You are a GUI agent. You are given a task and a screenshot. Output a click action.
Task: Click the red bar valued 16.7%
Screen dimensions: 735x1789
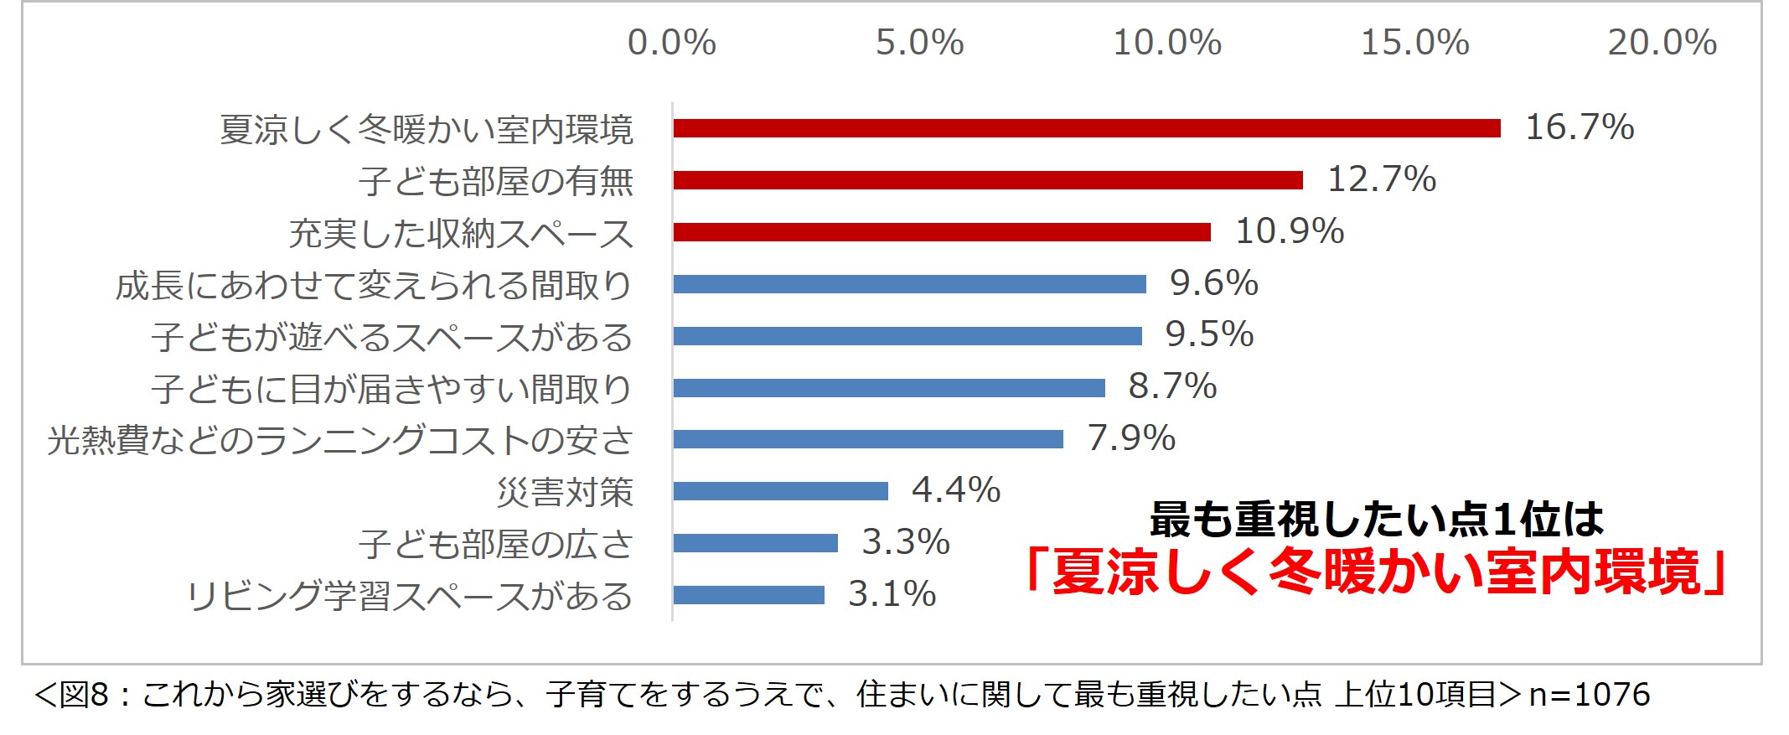pos(1086,128)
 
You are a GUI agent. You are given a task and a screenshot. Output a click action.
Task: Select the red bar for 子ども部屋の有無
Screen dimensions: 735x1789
pos(988,180)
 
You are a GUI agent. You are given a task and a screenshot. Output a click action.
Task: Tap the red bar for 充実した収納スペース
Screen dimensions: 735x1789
pos(942,232)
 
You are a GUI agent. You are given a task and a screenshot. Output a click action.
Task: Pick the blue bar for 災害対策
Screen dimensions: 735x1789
pos(780,491)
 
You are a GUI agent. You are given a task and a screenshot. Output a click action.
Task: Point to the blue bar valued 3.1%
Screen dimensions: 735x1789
pos(748,595)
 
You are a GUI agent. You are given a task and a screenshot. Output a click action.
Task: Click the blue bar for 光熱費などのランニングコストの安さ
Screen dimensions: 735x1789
pos(868,439)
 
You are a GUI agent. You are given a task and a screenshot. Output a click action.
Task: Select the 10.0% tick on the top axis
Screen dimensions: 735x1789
pos(1166,43)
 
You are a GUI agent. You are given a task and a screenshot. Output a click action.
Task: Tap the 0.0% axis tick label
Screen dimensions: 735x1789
pos(672,43)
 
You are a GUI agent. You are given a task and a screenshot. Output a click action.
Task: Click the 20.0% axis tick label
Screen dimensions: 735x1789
pos(1662,43)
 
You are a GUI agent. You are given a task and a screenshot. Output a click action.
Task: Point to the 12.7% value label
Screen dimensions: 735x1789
pos(1382,179)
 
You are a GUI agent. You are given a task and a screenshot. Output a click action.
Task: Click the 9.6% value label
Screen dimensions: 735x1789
pos(1214,283)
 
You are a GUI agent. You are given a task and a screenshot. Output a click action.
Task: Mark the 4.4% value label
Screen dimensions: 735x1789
pos(956,490)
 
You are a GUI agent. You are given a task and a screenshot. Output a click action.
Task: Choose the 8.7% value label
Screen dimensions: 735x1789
pos(1172,386)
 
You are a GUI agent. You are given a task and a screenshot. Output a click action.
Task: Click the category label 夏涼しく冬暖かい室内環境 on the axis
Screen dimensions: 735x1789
pos(427,130)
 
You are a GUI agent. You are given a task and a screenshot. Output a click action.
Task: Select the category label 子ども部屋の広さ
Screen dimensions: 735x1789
pos(496,545)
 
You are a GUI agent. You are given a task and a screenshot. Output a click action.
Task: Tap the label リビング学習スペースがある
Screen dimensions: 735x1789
pos(410,597)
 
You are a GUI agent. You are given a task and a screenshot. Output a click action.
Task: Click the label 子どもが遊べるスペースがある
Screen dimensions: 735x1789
pos(392,338)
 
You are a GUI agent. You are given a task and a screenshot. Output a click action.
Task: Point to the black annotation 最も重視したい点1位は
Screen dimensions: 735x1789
pos(1376,520)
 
